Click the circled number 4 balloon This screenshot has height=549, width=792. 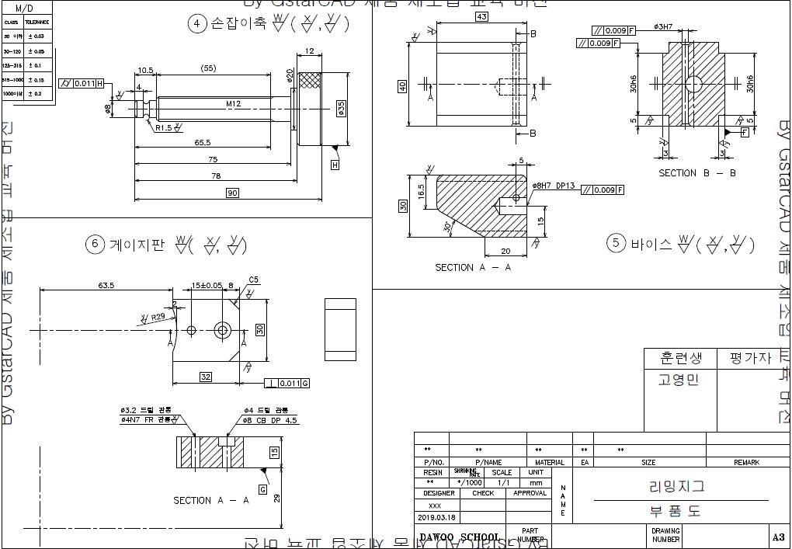[196, 23]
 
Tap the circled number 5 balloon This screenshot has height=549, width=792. [617, 244]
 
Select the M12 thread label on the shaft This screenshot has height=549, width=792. [234, 103]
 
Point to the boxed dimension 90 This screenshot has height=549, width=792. [232, 193]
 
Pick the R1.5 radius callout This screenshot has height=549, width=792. [163, 127]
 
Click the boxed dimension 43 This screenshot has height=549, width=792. [481, 16]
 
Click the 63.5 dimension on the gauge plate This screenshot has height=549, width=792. [106, 286]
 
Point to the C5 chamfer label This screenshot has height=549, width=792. [253, 280]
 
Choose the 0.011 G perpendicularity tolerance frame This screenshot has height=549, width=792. [287, 383]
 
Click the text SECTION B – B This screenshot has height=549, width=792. [697, 173]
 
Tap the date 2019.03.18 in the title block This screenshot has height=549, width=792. [437, 517]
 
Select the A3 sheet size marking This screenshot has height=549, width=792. [777, 537]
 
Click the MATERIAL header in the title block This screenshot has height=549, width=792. [550, 462]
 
